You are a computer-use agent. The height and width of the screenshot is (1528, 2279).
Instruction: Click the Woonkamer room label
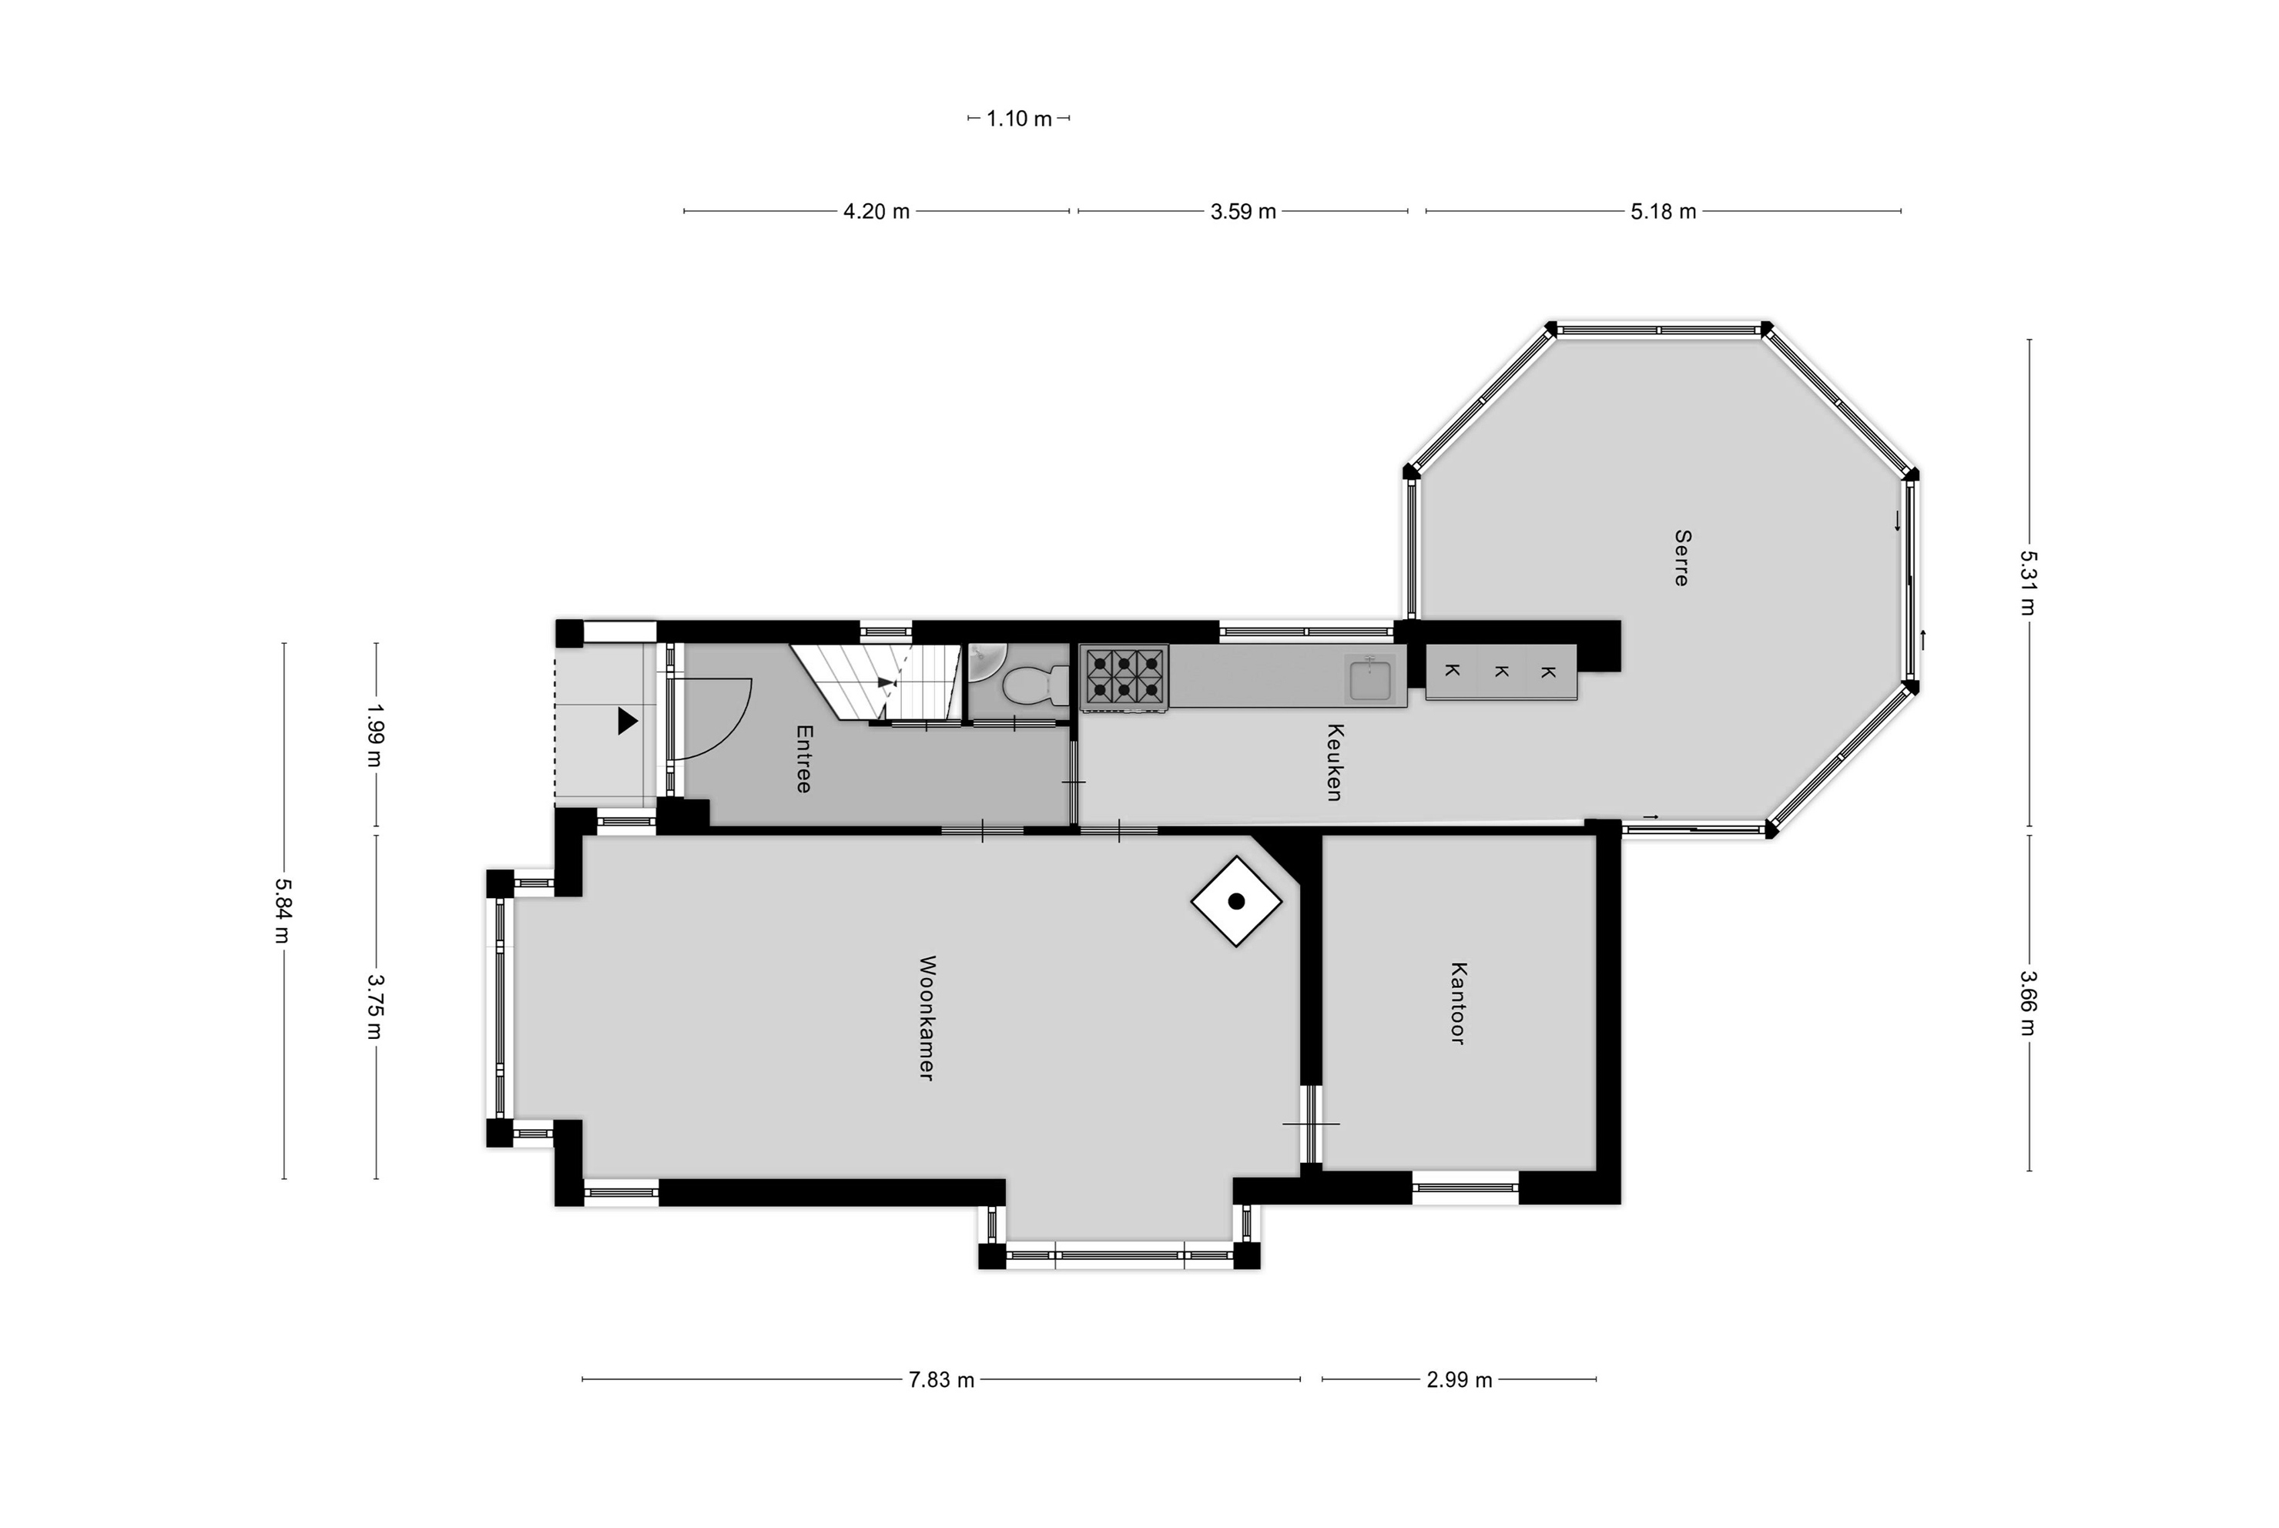click(x=927, y=1017)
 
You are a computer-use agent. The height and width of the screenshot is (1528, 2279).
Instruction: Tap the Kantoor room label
click(x=1458, y=1003)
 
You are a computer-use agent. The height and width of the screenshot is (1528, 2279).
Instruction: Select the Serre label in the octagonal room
click(x=1682, y=558)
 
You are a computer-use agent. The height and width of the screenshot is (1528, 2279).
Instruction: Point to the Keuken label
click(x=1335, y=762)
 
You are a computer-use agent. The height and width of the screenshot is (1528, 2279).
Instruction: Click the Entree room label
click(x=804, y=758)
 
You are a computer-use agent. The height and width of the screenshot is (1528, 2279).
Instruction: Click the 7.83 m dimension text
click(x=941, y=1380)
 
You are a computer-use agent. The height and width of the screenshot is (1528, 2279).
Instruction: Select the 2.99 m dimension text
click(x=1460, y=1380)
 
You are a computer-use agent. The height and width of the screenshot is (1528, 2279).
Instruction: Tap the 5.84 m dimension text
click(x=283, y=911)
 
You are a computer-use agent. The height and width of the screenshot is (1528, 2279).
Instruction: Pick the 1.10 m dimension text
click(x=1019, y=119)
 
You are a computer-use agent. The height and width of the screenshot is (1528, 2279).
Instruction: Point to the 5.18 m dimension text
click(x=1663, y=212)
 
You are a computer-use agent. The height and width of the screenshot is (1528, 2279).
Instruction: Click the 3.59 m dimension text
click(x=1243, y=212)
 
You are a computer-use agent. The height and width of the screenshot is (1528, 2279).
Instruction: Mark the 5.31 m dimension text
click(x=2029, y=584)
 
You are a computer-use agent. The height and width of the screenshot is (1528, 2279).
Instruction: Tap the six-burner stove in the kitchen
click(x=1124, y=677)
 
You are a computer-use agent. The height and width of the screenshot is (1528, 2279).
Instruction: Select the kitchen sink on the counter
click(x=1371, y=679)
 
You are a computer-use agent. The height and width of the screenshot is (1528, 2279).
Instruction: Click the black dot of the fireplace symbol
click(x=1236, y=901)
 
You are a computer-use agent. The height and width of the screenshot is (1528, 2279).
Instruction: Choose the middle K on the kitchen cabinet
click(x=1501, y=672)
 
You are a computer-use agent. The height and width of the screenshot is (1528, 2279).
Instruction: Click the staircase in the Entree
click(x=875, y=682)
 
